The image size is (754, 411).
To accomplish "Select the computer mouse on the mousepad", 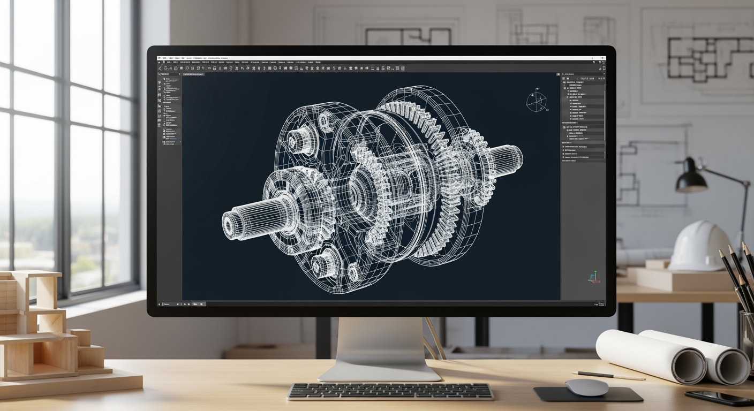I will click(x=587, y=387).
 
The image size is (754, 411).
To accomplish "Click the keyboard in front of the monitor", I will click(x=390, y=391).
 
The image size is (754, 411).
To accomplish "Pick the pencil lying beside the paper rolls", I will click(x=608, y=376).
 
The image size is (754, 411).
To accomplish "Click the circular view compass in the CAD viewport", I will click(x=536, y=102).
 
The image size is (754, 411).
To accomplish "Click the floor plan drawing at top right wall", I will click(x=702, y=59).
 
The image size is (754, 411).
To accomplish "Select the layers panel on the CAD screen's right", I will click(x=583, y=118).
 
